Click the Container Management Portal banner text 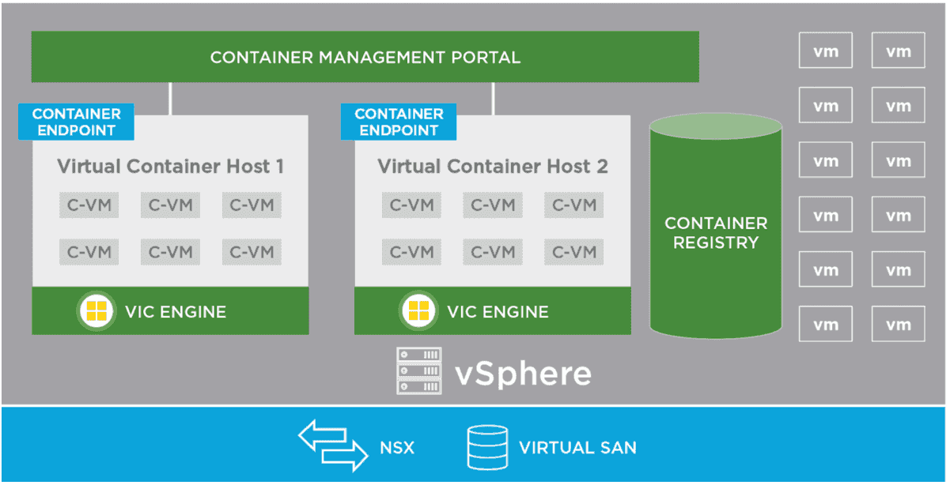(365, 58)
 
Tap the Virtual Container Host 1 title (170, 167)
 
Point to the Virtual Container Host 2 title (493, 167)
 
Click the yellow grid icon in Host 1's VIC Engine (96, 311)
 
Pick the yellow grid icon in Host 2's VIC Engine (418, 311)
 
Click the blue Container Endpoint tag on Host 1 (75, 122)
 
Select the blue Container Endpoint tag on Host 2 (398, 122)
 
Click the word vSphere (523, 372)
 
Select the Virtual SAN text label (577, 448)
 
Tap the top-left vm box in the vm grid (825, 51)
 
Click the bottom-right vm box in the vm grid (899, 324)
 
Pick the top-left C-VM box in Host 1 (89, 205)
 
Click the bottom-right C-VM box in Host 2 (573, 252)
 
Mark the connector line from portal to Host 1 (170, 99)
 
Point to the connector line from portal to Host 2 (493, 99)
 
